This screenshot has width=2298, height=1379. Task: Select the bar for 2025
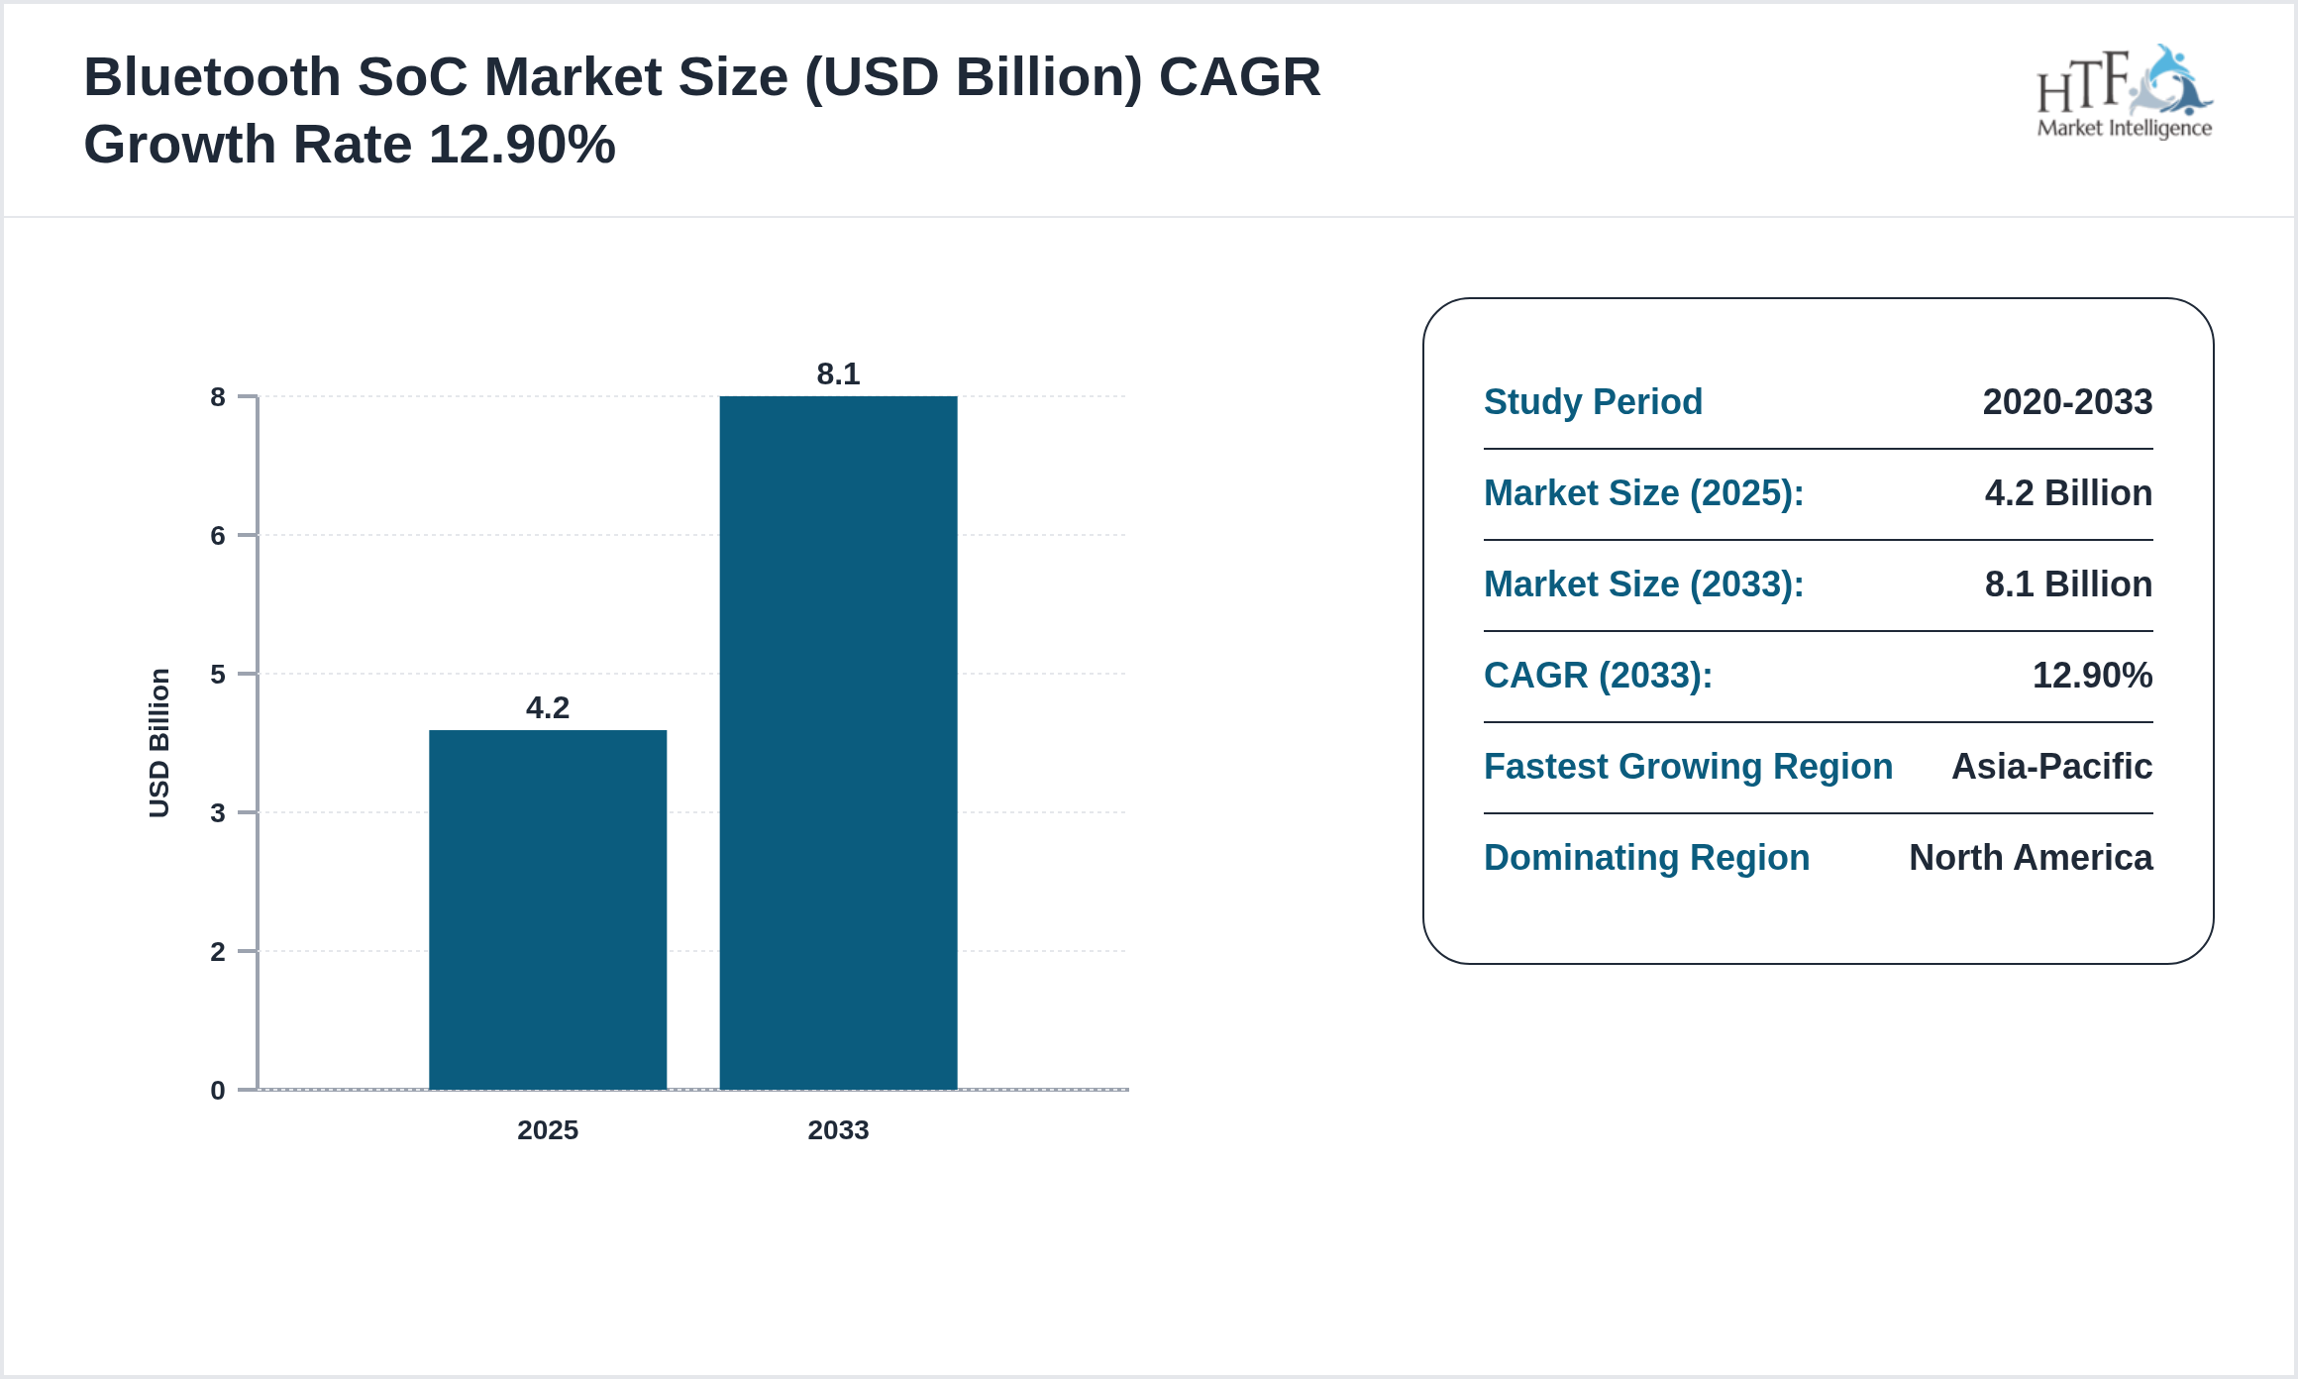point(548,909)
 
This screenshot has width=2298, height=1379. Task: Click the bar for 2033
point(838,743)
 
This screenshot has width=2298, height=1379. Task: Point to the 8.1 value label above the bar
point(838,374)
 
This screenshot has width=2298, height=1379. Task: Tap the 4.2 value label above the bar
point(548,708)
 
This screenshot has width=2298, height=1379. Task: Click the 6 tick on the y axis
point(218,536)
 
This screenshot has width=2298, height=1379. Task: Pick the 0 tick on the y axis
point(218,1091)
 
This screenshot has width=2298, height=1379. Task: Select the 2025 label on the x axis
point(548,1130)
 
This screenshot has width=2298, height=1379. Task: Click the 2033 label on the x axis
point(838,1130)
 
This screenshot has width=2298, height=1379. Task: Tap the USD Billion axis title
point(159,743)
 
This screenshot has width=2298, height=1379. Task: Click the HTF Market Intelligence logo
point(2124,93)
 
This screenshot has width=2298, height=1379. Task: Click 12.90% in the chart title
point(522,145)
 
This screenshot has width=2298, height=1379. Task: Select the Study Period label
point(1593,402)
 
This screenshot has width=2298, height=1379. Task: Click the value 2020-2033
point(2067,402)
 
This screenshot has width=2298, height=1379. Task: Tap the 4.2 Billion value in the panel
point(2068,493)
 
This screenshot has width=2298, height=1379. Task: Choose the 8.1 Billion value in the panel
point(2068,584)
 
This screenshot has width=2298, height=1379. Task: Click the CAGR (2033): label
point(1598,676)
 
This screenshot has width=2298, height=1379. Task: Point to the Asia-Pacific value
point(2051,767)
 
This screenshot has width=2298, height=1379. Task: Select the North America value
point(2031,858)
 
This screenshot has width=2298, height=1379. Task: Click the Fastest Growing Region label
point(1688,767)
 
